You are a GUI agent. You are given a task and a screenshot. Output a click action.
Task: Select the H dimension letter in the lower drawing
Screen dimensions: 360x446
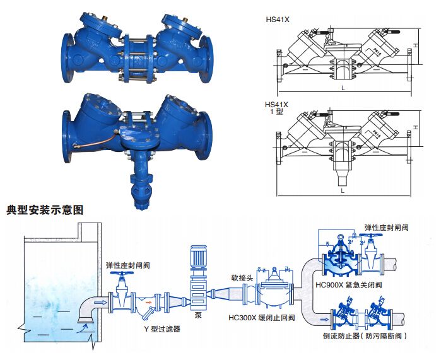coord(416,127)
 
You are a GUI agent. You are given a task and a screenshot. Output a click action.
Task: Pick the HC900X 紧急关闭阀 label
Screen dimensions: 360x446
coord(345,285)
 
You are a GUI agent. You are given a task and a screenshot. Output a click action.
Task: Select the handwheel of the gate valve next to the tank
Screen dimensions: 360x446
coord(120,276)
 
